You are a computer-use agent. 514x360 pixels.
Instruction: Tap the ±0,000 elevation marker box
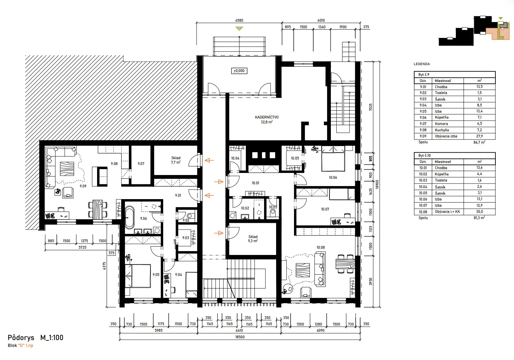[239, 71]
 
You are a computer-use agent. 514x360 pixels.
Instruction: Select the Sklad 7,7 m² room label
[176, 160]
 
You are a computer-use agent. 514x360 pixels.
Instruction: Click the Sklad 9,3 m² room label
[253, 239]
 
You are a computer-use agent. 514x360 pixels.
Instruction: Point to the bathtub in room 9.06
[129, 217]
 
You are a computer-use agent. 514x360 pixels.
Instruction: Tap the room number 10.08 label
[321, 247]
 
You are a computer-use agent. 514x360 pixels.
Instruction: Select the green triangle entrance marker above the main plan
[239, 29]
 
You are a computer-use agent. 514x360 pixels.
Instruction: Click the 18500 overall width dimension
[240, 337]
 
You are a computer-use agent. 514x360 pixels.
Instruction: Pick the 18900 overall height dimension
[377, 184]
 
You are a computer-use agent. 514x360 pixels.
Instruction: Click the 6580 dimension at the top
[239, 20]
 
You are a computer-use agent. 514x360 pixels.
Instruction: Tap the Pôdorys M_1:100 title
[35, 338]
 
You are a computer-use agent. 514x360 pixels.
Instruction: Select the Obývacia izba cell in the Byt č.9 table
[446, 136]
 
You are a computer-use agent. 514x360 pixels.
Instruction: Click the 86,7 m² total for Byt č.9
[479, 142]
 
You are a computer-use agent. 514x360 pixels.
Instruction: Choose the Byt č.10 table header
[424, 155]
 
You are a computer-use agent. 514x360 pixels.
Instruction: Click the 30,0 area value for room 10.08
[479, 212]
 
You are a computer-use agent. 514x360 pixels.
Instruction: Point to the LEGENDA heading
[422, 64]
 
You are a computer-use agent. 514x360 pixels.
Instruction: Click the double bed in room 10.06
[333, 159]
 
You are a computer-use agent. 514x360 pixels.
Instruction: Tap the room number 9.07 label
[141, 164]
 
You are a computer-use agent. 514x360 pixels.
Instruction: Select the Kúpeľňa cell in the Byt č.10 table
[441, 174]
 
